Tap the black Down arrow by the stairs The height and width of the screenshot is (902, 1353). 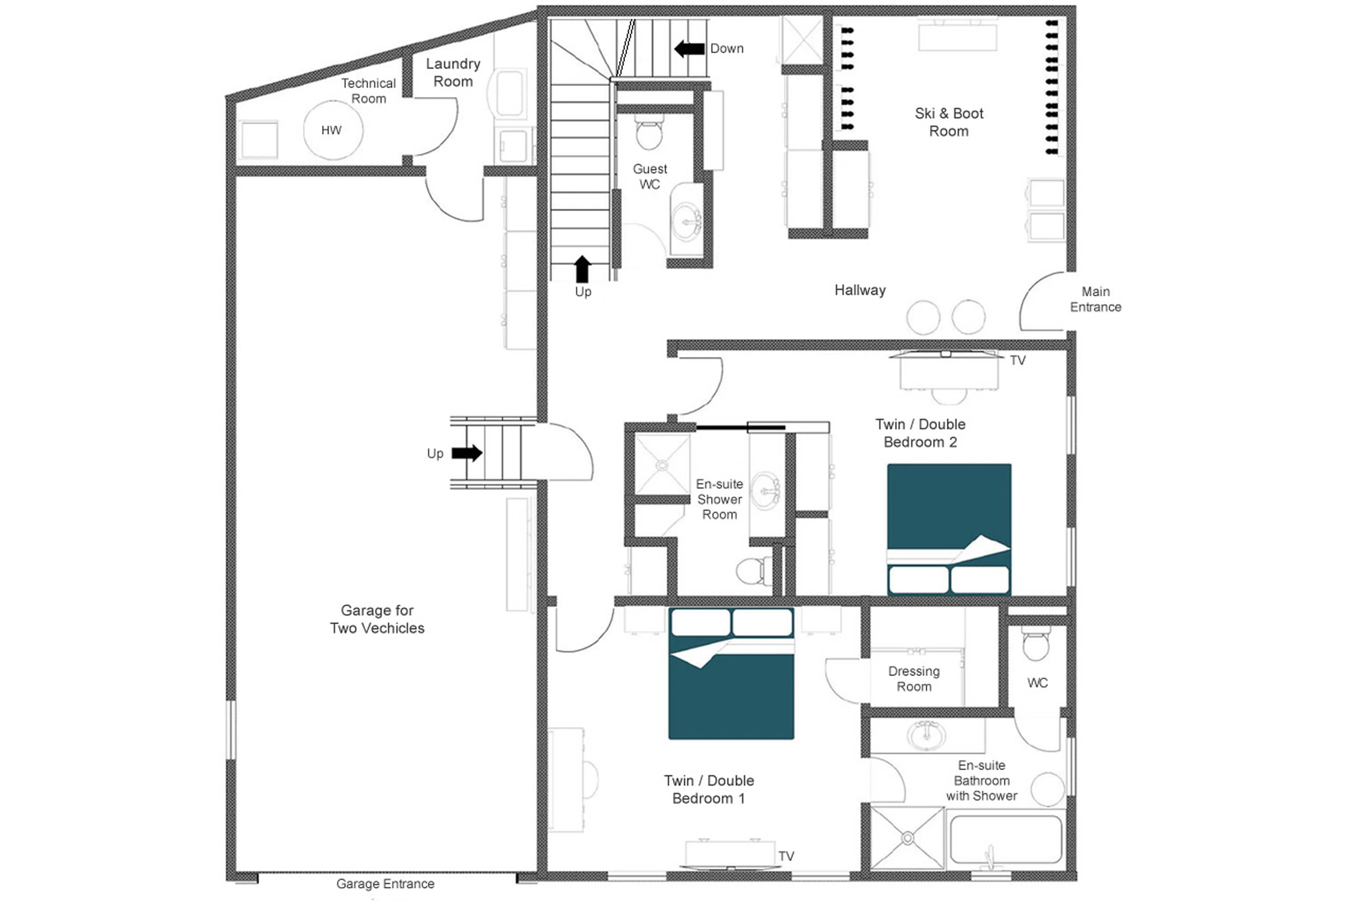(x=690, y=49)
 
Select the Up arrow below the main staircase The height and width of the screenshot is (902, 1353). (x=582, y=269)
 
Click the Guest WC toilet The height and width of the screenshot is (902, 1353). (x=649, y=134)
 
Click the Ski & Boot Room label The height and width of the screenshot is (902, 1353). (x=949, y=122)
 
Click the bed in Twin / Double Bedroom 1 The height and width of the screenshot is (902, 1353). (x=731, y=673)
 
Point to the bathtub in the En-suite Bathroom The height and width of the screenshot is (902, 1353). (x=1006, y=840)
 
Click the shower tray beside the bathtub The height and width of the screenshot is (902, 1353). (x=907, y=839)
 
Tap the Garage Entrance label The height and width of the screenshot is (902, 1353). (x=385, y=884)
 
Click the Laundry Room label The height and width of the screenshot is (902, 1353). (x=453, y=73)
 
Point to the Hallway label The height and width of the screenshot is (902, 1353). (x=860, y=290)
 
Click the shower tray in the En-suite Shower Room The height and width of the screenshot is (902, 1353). (x=662, y=464)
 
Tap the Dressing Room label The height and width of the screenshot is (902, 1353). (x=914, y=679)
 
